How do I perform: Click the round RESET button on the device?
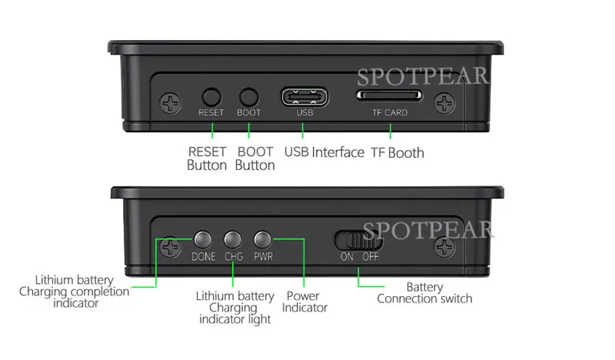tap(211, 97)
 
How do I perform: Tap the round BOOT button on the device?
tap(248, 97)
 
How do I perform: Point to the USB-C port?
tap(304, 97)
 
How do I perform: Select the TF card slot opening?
tap(389, 95)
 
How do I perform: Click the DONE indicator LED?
tap(203, 239)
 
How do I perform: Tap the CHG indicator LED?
tap(233, 239)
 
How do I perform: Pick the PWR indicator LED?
tap(262, 239)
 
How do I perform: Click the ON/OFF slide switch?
tap(358, 240)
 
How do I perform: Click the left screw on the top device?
tap(170, 103)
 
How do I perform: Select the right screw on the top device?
tap(445, 103)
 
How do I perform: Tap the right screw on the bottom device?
tap(445, 248)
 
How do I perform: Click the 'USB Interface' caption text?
tap(324, 152)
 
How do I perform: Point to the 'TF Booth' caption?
tap(397, 152)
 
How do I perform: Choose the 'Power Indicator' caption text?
tap(304, 302)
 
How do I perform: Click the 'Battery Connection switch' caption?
tap(425, 293)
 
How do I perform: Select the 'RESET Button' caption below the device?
tap(207, 158)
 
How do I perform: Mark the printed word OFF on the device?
tap(371, 257)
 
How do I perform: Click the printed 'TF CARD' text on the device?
tap(390, 112)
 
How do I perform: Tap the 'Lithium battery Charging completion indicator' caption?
tap(75, 292)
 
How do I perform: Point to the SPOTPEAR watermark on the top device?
tap(423, 76)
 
